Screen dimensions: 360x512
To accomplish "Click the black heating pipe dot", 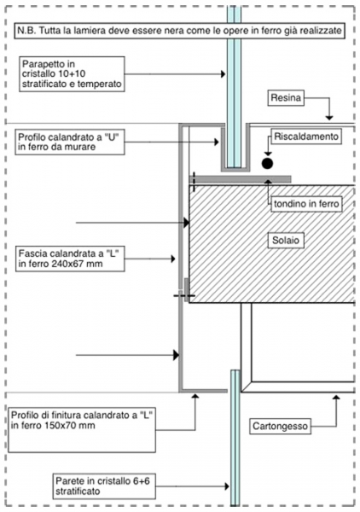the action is coord(267,163).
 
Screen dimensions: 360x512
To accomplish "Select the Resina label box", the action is coord(286,98).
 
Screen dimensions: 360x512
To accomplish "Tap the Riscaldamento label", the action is coord(306,137).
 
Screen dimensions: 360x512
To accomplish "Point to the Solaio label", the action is coord(286,241).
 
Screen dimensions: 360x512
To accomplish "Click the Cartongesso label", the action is coord(280,426).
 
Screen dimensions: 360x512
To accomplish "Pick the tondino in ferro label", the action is coord(306,204).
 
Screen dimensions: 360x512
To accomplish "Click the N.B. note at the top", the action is coord(179,31).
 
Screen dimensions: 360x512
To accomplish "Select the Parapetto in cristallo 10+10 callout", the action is coord(72,74).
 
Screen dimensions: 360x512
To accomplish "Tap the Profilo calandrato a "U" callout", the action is coord(70,142).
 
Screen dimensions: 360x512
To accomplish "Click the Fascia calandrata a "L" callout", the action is coord(70,259).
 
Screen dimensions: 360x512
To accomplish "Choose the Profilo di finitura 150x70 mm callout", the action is coord(82,430).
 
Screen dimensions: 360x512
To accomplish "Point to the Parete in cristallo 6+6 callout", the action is coord(104,486).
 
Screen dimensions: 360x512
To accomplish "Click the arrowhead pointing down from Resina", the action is coord(329,118).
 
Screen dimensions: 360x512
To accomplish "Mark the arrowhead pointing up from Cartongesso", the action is coord(336,397).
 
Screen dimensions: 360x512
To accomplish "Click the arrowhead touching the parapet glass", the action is coord(224,74).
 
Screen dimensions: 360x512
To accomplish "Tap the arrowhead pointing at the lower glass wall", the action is coord(227,486).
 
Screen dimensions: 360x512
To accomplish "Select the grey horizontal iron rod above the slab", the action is coord(240,179).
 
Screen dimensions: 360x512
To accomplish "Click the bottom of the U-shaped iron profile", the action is coord(235,169).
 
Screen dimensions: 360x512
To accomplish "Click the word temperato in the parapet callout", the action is coord(99,84).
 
